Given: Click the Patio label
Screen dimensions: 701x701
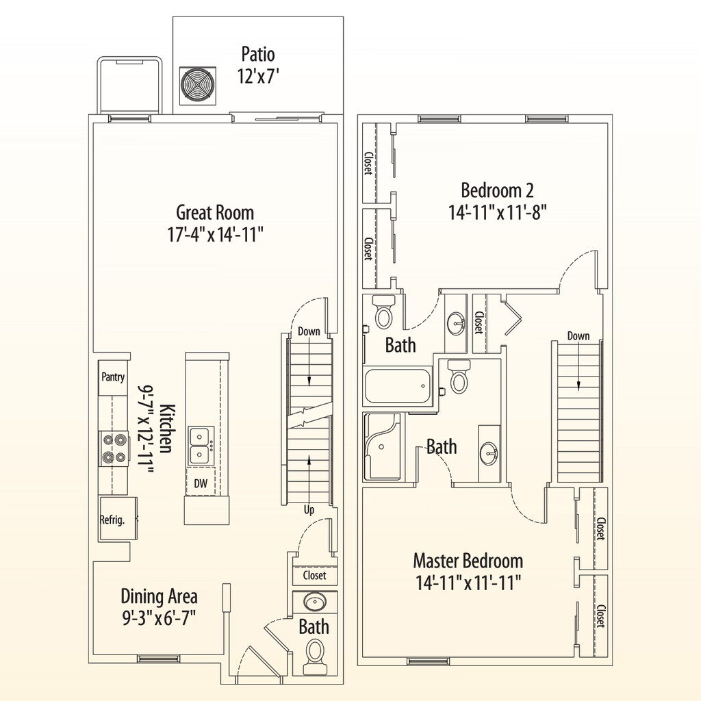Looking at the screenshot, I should (258, 53).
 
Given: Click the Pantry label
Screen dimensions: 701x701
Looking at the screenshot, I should (113, 377).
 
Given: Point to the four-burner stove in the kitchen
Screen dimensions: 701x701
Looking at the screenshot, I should (114, 449).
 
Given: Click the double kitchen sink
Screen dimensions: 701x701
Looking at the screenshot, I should (199, 444).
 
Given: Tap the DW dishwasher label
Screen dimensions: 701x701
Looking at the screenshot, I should (201, 484).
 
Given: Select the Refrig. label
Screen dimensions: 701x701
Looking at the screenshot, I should (113, 520).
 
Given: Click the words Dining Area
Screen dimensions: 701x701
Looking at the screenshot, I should (159, 596).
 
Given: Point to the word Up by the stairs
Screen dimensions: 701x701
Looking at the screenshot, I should (310, 511).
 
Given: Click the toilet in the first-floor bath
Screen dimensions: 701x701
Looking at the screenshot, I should (315, 654).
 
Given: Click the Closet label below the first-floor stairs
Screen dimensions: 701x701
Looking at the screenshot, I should (314, 576).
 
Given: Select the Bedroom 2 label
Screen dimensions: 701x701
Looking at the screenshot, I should (497, 190).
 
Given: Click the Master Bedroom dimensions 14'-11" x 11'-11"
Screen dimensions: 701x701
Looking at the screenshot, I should (468, 583).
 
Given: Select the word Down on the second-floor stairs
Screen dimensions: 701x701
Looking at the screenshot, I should (578, 336).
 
